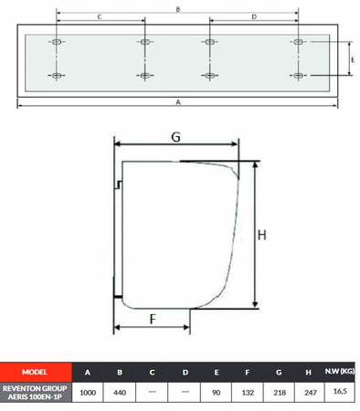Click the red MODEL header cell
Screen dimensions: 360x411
click(36, 372)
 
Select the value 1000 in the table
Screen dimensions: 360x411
click(88, 393)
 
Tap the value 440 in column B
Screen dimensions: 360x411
click(120, 393)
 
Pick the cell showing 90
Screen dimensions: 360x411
click(216, 393)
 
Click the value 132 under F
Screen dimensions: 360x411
click(248, 393)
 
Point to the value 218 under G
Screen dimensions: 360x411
click(280, 393)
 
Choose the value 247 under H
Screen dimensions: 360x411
click(311, 393)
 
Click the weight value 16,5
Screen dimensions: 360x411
click(340, 391)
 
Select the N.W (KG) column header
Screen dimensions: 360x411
click(340, 371)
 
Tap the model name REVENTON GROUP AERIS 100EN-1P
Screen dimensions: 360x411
click(35, 393)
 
